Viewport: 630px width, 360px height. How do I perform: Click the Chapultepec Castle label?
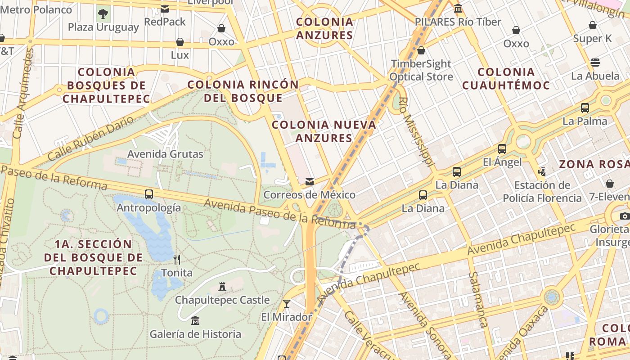tap(222, 300)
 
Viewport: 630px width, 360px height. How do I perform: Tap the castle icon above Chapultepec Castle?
tap(222, 286)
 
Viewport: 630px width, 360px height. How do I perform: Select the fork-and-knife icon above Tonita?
tap(177, 259)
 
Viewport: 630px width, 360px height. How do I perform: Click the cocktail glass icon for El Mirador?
tap(286, 303)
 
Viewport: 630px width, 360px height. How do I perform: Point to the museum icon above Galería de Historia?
tap(195, 321)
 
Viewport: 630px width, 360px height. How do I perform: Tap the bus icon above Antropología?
tap(148, 194)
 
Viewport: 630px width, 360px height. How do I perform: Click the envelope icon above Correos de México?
tap(309, 182)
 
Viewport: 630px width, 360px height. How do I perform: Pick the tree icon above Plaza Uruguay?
tap(103, 13)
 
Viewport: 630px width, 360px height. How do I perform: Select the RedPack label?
tap(165, 22)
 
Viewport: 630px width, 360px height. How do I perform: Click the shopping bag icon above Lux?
tap(180, 42)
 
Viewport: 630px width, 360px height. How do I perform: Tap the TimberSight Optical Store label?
tap(421, 70)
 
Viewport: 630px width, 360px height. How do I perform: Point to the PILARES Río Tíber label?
tap(458, 22)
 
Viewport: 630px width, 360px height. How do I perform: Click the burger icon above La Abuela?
tap(595, 62)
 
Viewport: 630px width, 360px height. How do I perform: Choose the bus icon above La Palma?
tap(585, 108)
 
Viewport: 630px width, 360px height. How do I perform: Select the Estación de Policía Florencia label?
tap(542, 192)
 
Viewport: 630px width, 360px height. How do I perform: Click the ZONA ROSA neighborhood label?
tap(594, 164)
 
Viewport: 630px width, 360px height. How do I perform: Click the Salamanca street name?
tap(477, 299)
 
